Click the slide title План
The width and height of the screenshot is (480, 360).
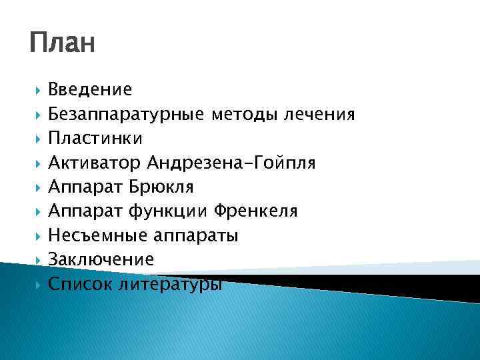coord(63,45)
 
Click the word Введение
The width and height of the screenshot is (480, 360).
coord(90,89)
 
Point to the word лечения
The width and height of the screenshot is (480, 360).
coord(318,114)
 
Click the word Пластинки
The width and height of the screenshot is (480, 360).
coord(95,138)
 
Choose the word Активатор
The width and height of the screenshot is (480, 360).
coord(96,163)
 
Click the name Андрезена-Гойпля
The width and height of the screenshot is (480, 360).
coord(232,163)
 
